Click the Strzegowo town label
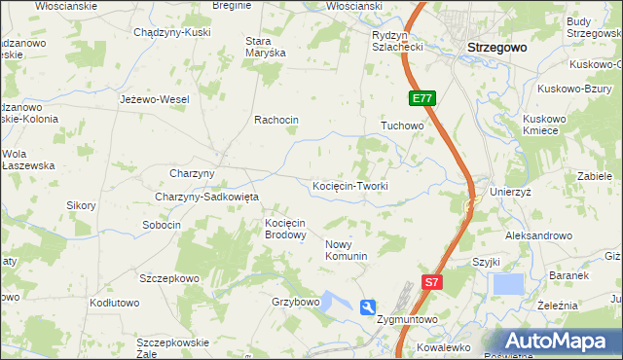pos(496,47)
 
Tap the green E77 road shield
pos(422,98)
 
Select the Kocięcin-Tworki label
pos(350,186)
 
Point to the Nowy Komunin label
pos(346,250)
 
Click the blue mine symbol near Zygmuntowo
pos(367,307)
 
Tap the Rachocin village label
pos(275,121)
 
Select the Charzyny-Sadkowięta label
pos(205,197)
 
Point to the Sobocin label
pos(162,225)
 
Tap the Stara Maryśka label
pos(265,47)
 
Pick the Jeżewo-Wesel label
pos(154,99)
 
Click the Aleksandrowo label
pos(538,235)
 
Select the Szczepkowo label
pos(168,278)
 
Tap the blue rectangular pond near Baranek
pos(508,284)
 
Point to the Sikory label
pos(81,205)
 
